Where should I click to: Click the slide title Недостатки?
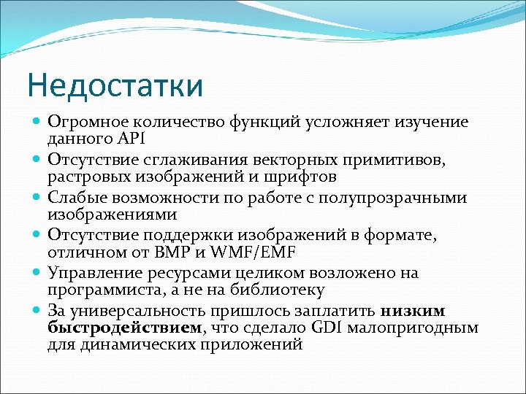click(x=115, y=85)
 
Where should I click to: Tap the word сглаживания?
click(x=191, y=159)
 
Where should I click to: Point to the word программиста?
click(x=96, y=290)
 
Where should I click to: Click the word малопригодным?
click(x=413, y=328)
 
